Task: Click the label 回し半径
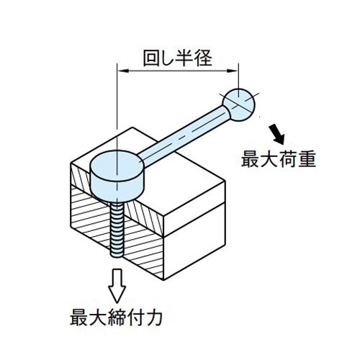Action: pyautogui.click(x=177, y=58)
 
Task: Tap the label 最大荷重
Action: pyautogui.click(x=279, y=159)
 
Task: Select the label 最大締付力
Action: pyautogui.click(x=116, y=318)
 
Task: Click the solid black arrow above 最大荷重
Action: pyautogui.click(x=277, y=134)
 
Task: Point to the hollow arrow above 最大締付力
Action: pyautogui.click(x=117, y=286)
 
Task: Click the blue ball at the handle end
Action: pyautogui.click(x=239, y=104)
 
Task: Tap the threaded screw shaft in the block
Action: pyautogui.click(x=117, y=229)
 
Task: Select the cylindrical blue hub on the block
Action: pyautogui.click(x=117, y=176)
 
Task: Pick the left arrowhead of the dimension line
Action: pyautogui.click(x=123, y=71)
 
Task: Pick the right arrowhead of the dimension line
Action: pyautogui.click(x=233, y=71)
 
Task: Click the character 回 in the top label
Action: pyautogui.click(x=151, y=58)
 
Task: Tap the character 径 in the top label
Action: pyautogui.click(x=204, y=58)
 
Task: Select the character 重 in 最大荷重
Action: pyautogui.click(x=307, y=159)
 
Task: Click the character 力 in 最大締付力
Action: pyautogui.click(x=154, y=318)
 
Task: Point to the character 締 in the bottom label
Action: pyautogui.click(x=117, y=318)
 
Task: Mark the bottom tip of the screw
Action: pyautogui.click(x=117, y=257)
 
